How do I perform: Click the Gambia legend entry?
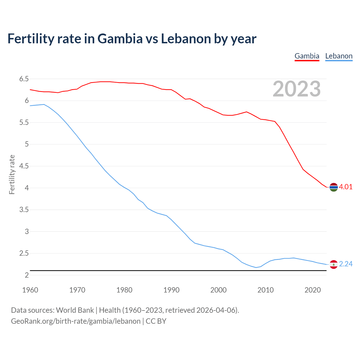307,56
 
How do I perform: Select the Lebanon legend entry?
339,56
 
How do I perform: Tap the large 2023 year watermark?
297,89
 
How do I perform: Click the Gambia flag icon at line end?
334,187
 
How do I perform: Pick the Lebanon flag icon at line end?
334,264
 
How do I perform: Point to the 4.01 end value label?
346,187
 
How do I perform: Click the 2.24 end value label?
346,264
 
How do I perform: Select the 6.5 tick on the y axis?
24,79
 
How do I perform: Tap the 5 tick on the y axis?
27,144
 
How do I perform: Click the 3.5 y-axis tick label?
24,210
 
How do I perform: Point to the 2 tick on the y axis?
27,275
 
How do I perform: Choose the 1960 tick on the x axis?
30,290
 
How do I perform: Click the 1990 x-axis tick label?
171,290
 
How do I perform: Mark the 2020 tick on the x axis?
312,290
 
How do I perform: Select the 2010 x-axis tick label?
265,290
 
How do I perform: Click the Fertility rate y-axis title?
12,174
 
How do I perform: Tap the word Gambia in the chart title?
120,39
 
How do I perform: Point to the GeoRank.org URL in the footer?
76,321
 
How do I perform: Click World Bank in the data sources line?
75,310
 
